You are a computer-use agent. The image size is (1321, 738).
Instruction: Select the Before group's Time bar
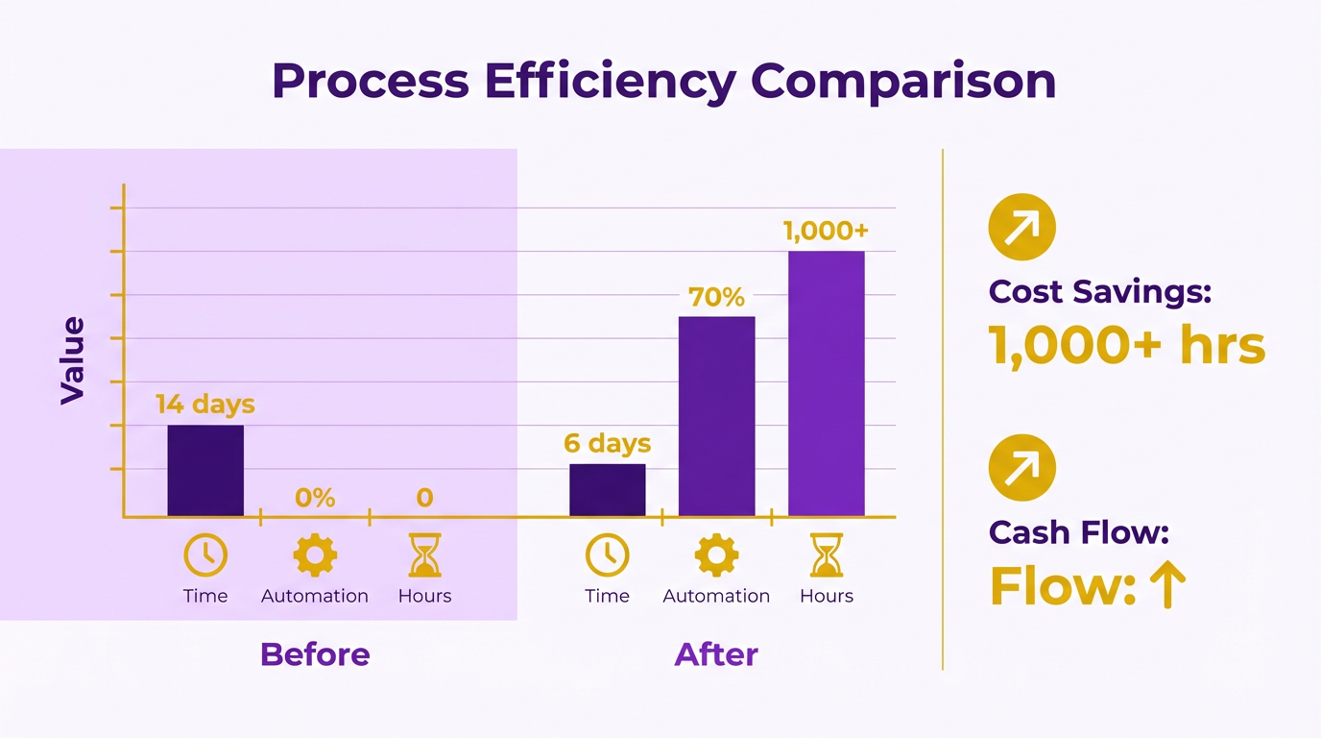coord(205,470)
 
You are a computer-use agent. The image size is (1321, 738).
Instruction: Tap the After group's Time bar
coord(607,490)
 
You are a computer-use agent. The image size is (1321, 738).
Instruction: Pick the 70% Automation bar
coord(716,416)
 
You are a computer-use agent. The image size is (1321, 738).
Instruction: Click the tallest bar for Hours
coord(826,383)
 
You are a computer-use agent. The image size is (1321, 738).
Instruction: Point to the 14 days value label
coord(205,405)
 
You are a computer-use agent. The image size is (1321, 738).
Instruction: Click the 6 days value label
coord(607,444)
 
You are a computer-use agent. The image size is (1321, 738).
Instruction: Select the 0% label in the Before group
coord(315,498)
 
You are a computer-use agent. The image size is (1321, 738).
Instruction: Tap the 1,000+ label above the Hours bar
coord(826,232)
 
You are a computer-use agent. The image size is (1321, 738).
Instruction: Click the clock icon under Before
coord(205,555)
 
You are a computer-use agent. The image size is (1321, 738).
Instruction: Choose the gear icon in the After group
coord(716,555)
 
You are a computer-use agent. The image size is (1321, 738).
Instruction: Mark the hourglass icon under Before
coord(424,555)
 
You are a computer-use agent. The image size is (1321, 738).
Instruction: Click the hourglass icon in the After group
coord(826,555)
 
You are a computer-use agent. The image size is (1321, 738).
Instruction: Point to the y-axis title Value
coord(73,360)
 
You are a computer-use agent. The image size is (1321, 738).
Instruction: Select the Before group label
coord(315,654)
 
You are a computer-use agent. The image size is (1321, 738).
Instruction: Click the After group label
coord(716,654)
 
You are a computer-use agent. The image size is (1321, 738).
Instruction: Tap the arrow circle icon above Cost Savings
coord(1021,227)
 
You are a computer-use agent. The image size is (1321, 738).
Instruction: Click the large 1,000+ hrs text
coord(1126,346)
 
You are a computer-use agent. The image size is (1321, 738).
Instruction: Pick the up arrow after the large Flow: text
coord(1167,585)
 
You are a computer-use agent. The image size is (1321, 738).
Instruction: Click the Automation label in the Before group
coord(315,596)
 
